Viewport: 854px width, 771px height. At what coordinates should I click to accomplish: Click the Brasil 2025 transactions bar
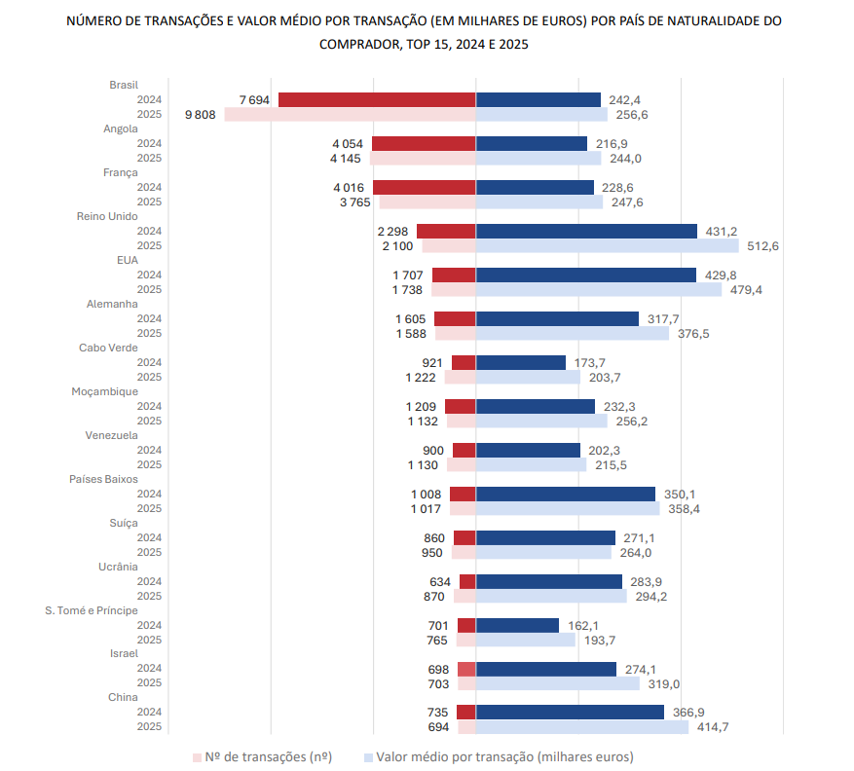click(350, 114)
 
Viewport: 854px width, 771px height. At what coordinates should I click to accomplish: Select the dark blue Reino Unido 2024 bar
click(586, 231)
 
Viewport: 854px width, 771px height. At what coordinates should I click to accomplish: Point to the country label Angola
click(121, 128)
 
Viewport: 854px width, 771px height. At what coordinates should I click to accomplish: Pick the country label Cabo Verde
click(108, 348)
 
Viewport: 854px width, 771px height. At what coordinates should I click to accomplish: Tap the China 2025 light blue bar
click(582, 727)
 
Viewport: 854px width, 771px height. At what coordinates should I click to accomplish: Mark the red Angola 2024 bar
click(424, 143)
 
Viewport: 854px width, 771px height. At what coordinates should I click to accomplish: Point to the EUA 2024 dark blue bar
click(586, 275)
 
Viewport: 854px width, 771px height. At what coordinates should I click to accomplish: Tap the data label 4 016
click(349, 188)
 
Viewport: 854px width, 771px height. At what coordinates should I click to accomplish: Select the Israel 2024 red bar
click(466, 669)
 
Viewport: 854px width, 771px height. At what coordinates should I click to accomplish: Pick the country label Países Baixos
click(103, 479)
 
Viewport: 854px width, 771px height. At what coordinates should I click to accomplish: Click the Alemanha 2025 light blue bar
click(573, 333)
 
